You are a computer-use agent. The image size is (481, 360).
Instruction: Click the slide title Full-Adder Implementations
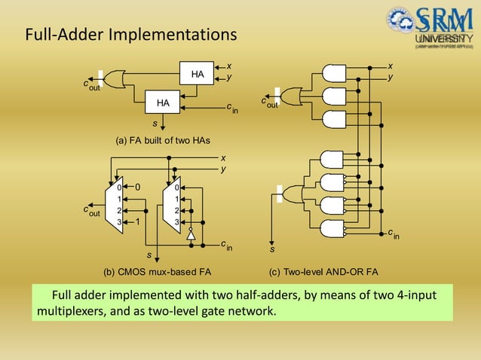pos(131,35)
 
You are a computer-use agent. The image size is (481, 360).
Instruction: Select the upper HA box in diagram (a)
pos(198,75)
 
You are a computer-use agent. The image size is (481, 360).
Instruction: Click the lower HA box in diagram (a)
pos(163,102)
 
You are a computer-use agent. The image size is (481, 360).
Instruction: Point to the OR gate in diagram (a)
pos(115,78)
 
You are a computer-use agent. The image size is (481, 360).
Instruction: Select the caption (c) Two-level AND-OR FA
pos(323,271)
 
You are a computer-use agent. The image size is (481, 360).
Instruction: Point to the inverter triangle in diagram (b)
pos(191,235)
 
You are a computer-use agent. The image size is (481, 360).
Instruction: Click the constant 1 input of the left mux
pos(138,222)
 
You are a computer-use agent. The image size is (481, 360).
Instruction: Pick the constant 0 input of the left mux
pos(138,186)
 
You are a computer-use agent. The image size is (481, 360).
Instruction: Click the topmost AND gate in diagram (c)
pos(332,74)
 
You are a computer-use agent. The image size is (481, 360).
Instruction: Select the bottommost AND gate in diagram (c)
pos(332,229)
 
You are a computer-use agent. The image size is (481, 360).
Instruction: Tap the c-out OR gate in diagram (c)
pos(290,97)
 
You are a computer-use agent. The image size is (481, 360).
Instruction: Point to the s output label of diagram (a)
pos(155,123)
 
